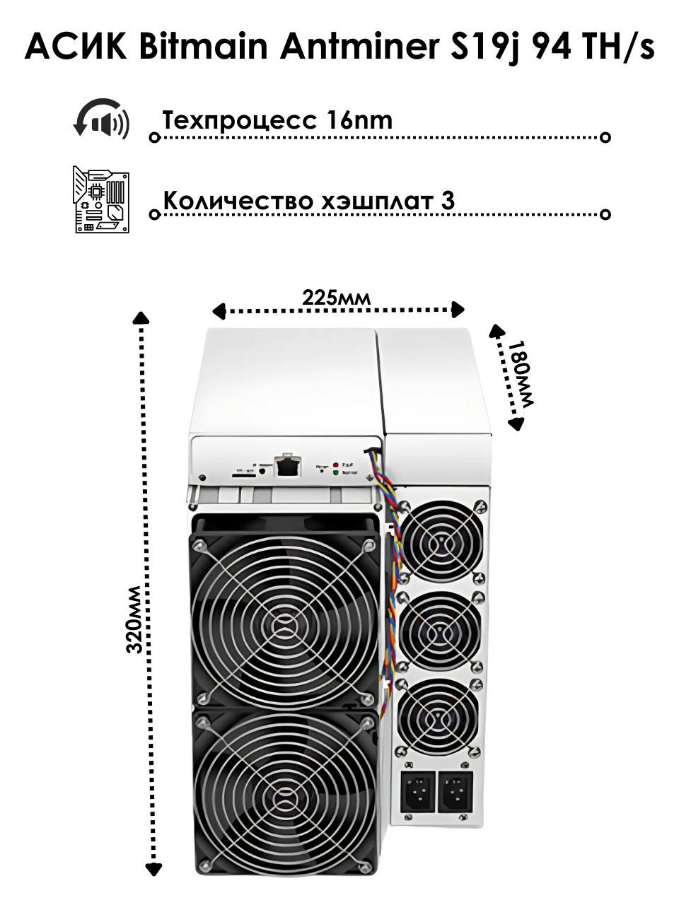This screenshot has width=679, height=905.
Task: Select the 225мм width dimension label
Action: (x=336, y=297)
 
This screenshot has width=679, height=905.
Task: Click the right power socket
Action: (x=455, y=791)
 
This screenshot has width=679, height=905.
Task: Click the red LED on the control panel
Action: (x=335, y=464)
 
